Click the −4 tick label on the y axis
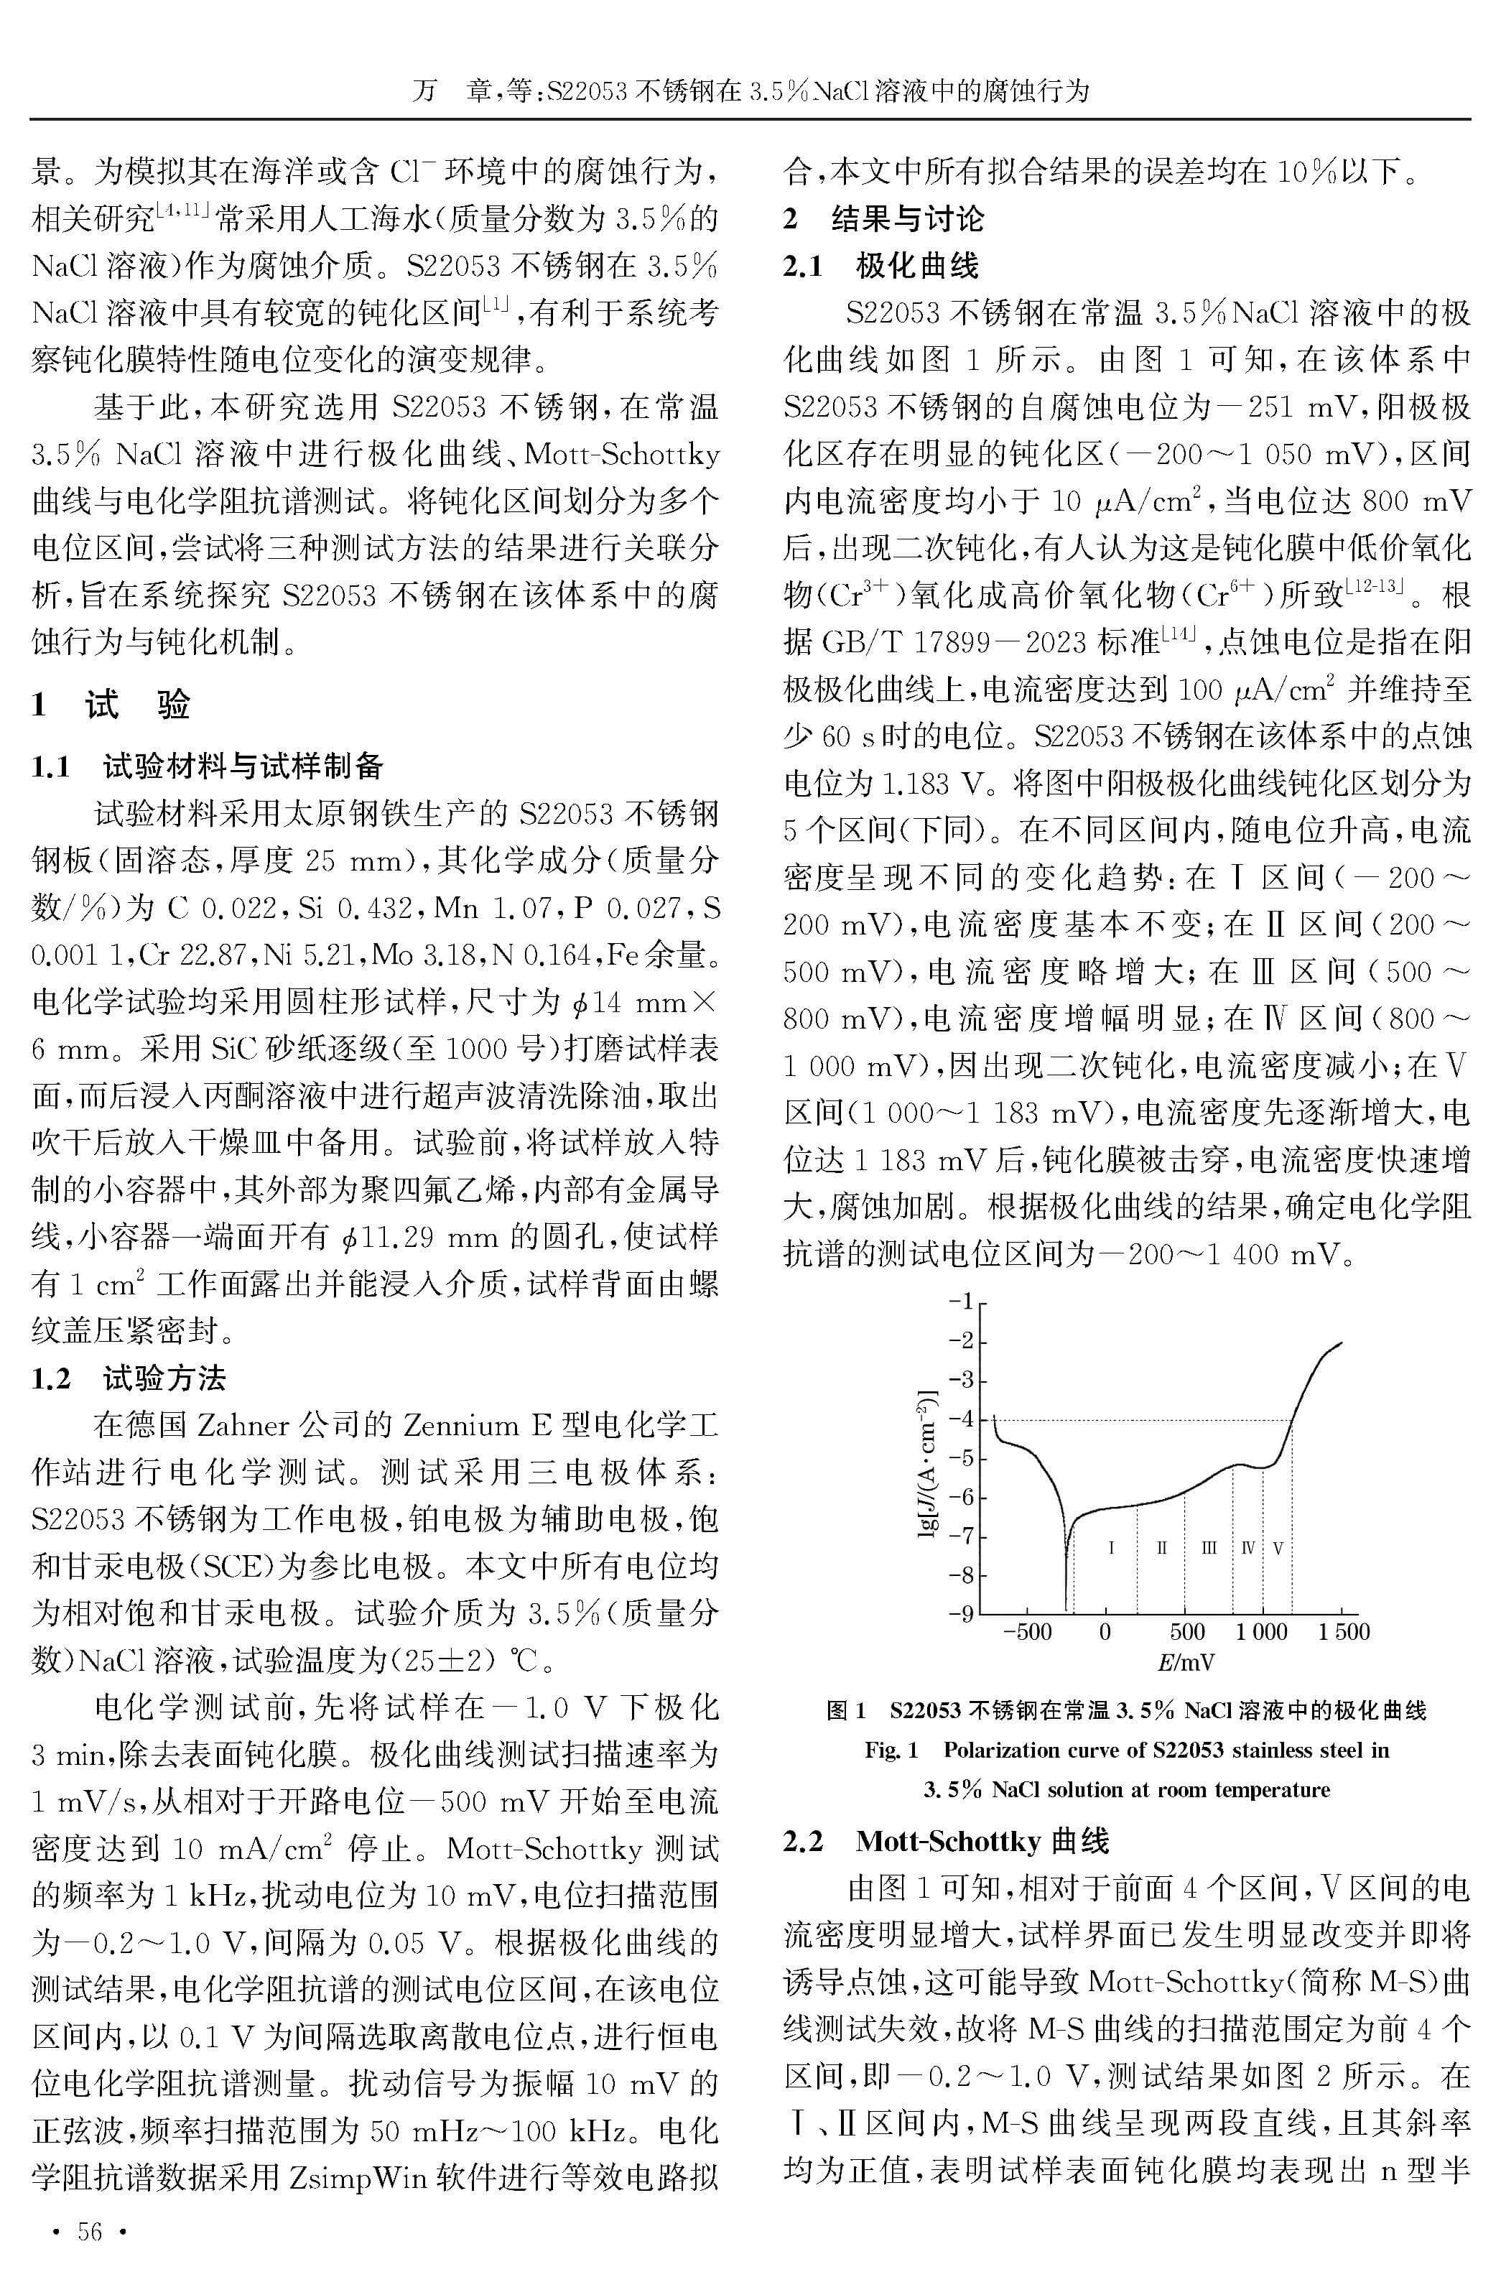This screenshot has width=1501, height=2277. tap(960, 1419)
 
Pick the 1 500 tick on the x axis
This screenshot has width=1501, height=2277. tap(1343, 1633)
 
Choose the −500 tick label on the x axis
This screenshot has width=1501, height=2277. tap(1026, 1633)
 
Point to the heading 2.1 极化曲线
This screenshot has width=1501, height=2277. tap(880, 265)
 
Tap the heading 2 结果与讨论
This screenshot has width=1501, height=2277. tap(883, 218)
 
